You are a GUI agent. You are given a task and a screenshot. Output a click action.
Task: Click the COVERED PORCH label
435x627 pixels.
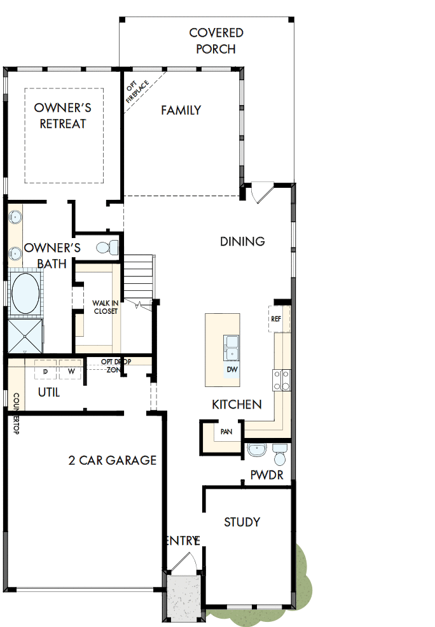216,41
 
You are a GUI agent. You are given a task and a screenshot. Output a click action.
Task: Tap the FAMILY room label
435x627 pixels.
181,110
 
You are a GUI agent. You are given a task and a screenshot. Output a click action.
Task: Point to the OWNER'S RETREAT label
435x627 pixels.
62,115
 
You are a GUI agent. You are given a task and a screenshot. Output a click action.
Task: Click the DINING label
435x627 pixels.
242,241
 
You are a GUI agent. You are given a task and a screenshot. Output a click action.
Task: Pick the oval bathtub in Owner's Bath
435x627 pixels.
25,293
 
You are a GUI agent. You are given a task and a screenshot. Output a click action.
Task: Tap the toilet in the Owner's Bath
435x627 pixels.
106,246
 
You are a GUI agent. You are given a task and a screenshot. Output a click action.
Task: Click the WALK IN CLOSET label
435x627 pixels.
106,307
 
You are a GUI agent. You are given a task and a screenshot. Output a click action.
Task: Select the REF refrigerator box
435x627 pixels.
276,319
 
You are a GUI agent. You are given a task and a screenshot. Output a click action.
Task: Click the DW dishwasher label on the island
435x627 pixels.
231,369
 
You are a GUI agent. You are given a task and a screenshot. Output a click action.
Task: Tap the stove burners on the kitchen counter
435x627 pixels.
282,380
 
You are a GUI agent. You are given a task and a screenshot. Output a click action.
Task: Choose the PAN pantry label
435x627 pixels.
226,432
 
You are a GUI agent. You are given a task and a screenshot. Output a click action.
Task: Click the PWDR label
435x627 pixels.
267,474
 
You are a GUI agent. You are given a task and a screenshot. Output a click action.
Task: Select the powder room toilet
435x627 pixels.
280,453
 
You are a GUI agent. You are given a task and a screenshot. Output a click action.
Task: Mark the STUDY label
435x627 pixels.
242,522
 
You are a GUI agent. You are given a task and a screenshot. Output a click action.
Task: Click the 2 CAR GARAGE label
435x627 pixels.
113,460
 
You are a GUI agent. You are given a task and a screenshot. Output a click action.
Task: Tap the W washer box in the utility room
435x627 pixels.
71,370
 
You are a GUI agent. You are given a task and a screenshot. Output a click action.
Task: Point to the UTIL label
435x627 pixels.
49,392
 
